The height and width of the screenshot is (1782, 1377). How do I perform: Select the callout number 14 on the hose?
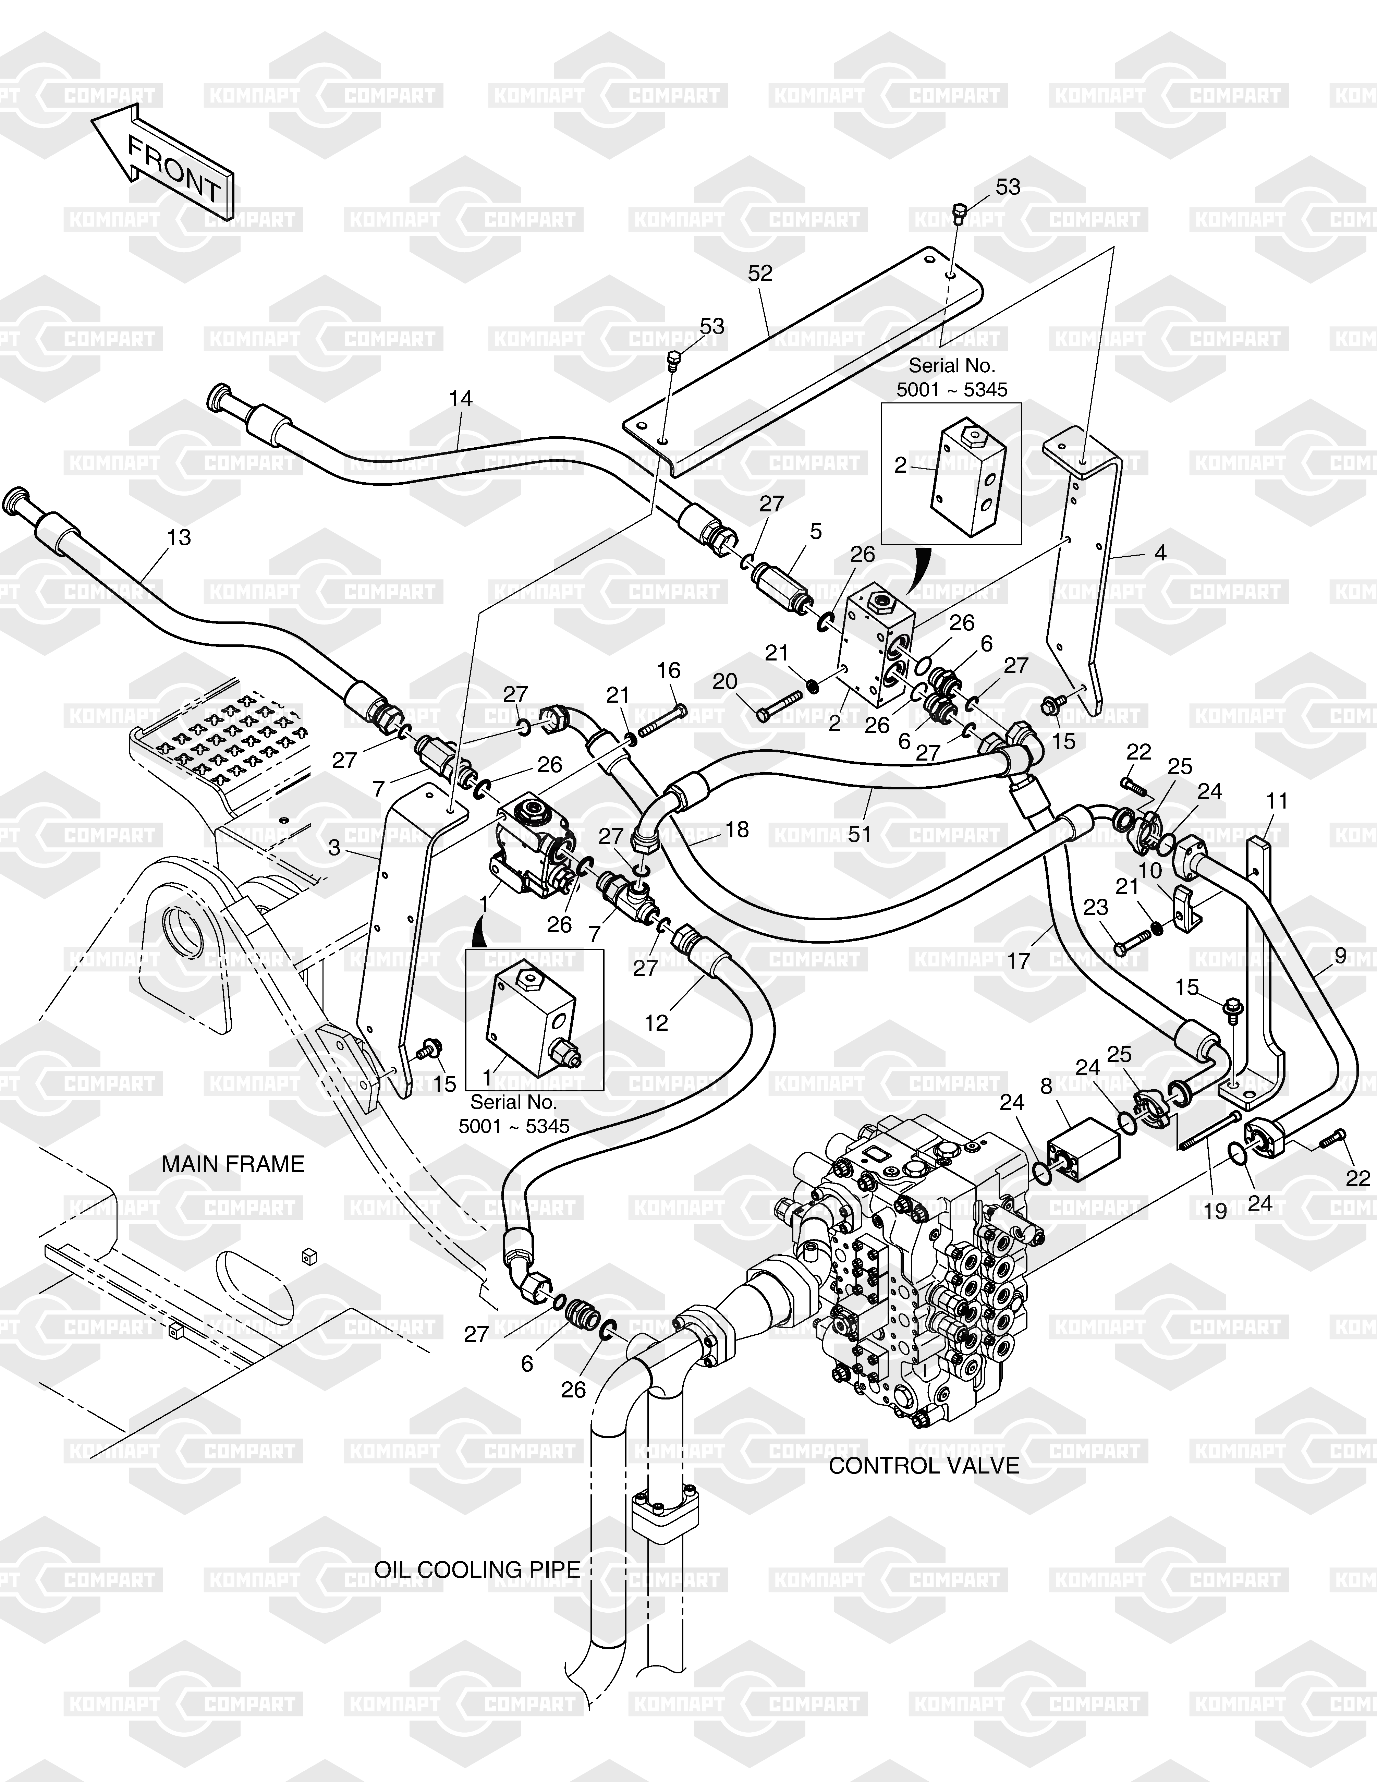461,399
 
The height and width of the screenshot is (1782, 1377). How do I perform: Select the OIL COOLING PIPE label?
477,1570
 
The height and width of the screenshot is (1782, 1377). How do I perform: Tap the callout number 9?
1340,955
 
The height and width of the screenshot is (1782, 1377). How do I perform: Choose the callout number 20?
724,681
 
